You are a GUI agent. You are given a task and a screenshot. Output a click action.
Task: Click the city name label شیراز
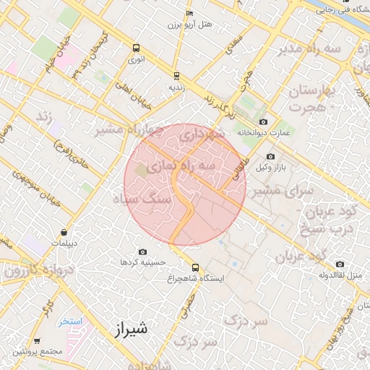(x=131, y=330)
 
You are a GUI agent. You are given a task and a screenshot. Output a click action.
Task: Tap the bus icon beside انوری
(x=137, y=48)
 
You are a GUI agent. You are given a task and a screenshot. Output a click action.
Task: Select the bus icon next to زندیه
(x=176, y=74)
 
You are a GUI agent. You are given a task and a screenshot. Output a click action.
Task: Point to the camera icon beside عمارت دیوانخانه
(x=262, y=121)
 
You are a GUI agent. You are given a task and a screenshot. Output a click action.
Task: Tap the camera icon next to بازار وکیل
(x=271, y=157)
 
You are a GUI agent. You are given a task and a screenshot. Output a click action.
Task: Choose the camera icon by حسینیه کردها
(x=142, y=251)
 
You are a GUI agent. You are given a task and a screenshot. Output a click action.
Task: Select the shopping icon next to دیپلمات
(x=65, y=233)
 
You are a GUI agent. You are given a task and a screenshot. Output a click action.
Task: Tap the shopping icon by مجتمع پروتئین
(x=37, y=341)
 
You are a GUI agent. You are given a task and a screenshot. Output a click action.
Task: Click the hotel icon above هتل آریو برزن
(x=189, y=13)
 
